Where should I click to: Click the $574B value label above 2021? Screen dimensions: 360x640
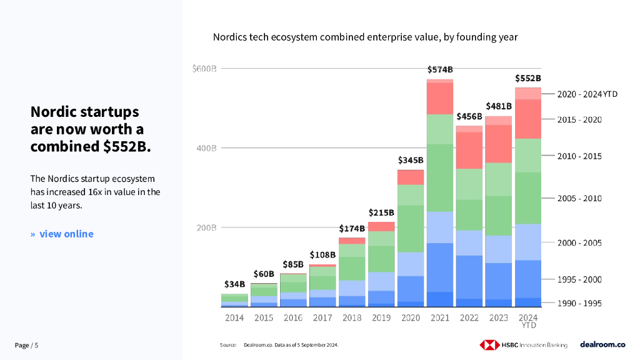click(x=440, y=69)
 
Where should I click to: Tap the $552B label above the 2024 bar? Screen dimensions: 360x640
click(x=527, y=79)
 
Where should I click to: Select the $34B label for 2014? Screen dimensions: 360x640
click(x=234, y=284)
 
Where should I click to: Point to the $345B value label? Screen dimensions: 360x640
click(x=411, y=160)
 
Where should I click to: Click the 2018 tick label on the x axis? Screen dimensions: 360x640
click(x=352, y=318)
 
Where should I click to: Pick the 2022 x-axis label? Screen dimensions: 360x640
click(x=469, y=318)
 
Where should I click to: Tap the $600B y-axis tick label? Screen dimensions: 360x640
click(x=204, y=68)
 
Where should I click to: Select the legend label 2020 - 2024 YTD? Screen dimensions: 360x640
click(x=587, y=94)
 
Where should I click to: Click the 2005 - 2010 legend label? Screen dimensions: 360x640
click(x=579, y=199)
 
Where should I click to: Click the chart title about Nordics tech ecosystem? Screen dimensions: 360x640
click(x=365, y=37)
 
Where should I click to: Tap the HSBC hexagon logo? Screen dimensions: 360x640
click(x=489, y=344)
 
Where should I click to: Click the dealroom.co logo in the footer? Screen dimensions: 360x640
click(x=602, y=344)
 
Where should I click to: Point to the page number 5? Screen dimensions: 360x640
click(x=36, y=345)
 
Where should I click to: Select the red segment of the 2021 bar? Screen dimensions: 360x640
click(x=440, y=98)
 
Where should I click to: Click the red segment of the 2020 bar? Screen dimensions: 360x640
click(x=411, y=177)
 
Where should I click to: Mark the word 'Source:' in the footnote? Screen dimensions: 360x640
click(x=228, y=345)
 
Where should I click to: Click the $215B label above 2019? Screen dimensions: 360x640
click(x=381, y=212)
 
